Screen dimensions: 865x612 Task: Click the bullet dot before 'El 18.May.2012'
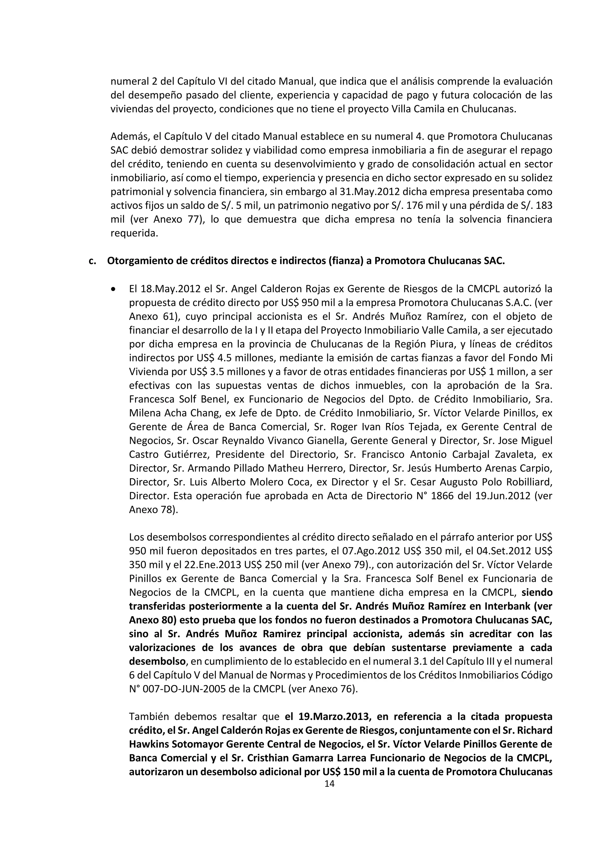pyautogui.click(x=113, y=289)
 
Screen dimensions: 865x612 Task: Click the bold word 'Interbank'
pyautogui.click(x=499, y=607)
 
